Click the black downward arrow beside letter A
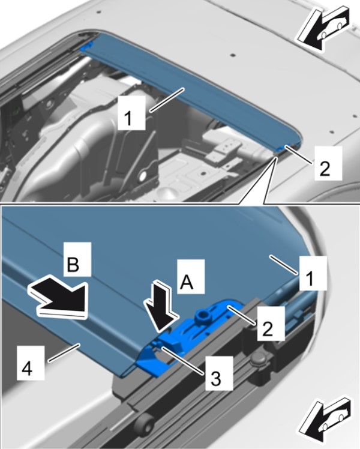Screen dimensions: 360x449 (x=161, y=308)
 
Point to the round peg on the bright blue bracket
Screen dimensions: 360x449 (x=202, y=316)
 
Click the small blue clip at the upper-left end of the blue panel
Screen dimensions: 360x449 (x=86, y=46)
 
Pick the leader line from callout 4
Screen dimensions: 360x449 (x=64, y=352)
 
